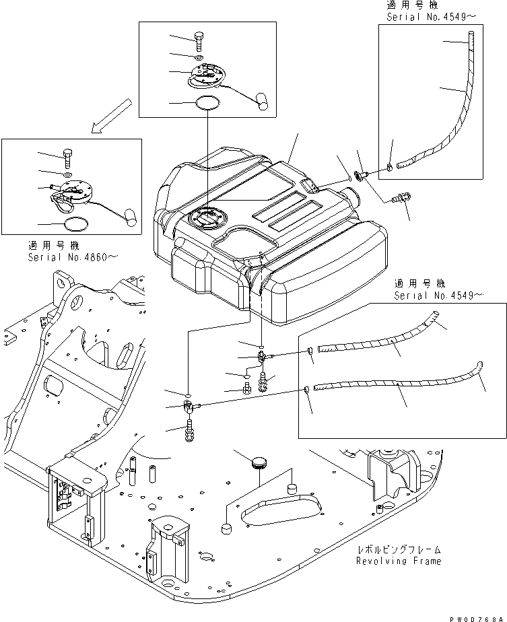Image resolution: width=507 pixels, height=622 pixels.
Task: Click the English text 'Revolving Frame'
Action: [x=399, y=561]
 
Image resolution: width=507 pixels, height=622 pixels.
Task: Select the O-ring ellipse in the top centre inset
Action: [x=207, y=103]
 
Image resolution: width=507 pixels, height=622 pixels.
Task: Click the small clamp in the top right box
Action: [x=391, y=166]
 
